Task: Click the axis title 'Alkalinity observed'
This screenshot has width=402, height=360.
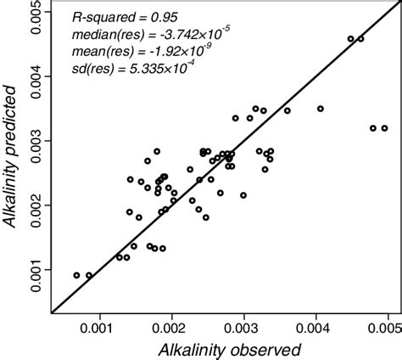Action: [223, 348]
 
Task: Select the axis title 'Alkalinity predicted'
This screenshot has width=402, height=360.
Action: [11, 161]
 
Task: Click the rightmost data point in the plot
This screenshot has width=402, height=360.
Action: [384, 128]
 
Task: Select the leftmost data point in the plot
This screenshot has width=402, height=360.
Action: [76, 275]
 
